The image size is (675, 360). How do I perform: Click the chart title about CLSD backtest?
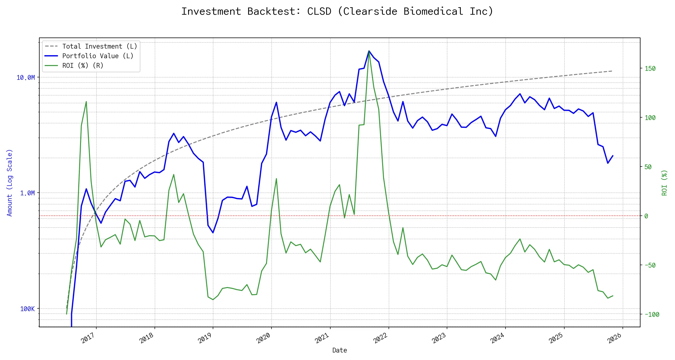click(337, 11)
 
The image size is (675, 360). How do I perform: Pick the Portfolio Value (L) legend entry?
click(98, 56)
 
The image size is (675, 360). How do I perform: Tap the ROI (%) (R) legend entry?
click(83, 66)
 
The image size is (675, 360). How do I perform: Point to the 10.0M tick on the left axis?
click(25, 78)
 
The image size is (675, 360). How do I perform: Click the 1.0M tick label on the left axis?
click(27, 193)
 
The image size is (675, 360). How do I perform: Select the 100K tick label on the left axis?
click(27, 309)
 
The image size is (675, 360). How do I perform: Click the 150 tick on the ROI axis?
click(650, 69)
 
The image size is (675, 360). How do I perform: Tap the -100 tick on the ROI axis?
click(652, 314)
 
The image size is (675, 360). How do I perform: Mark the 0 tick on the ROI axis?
click(646, 216)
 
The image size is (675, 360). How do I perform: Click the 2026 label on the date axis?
click(615, 339)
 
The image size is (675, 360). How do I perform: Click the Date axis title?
click(340, 350)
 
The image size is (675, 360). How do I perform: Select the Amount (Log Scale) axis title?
click(10, 183)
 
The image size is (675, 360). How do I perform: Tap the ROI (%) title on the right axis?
click(664, 183)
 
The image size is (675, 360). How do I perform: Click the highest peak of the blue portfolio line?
click(369, 51)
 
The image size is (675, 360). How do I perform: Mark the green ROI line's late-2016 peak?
click(86, 102)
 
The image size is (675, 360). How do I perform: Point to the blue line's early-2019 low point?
click(213, 232)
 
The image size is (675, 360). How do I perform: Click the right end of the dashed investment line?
click(612, 71)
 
